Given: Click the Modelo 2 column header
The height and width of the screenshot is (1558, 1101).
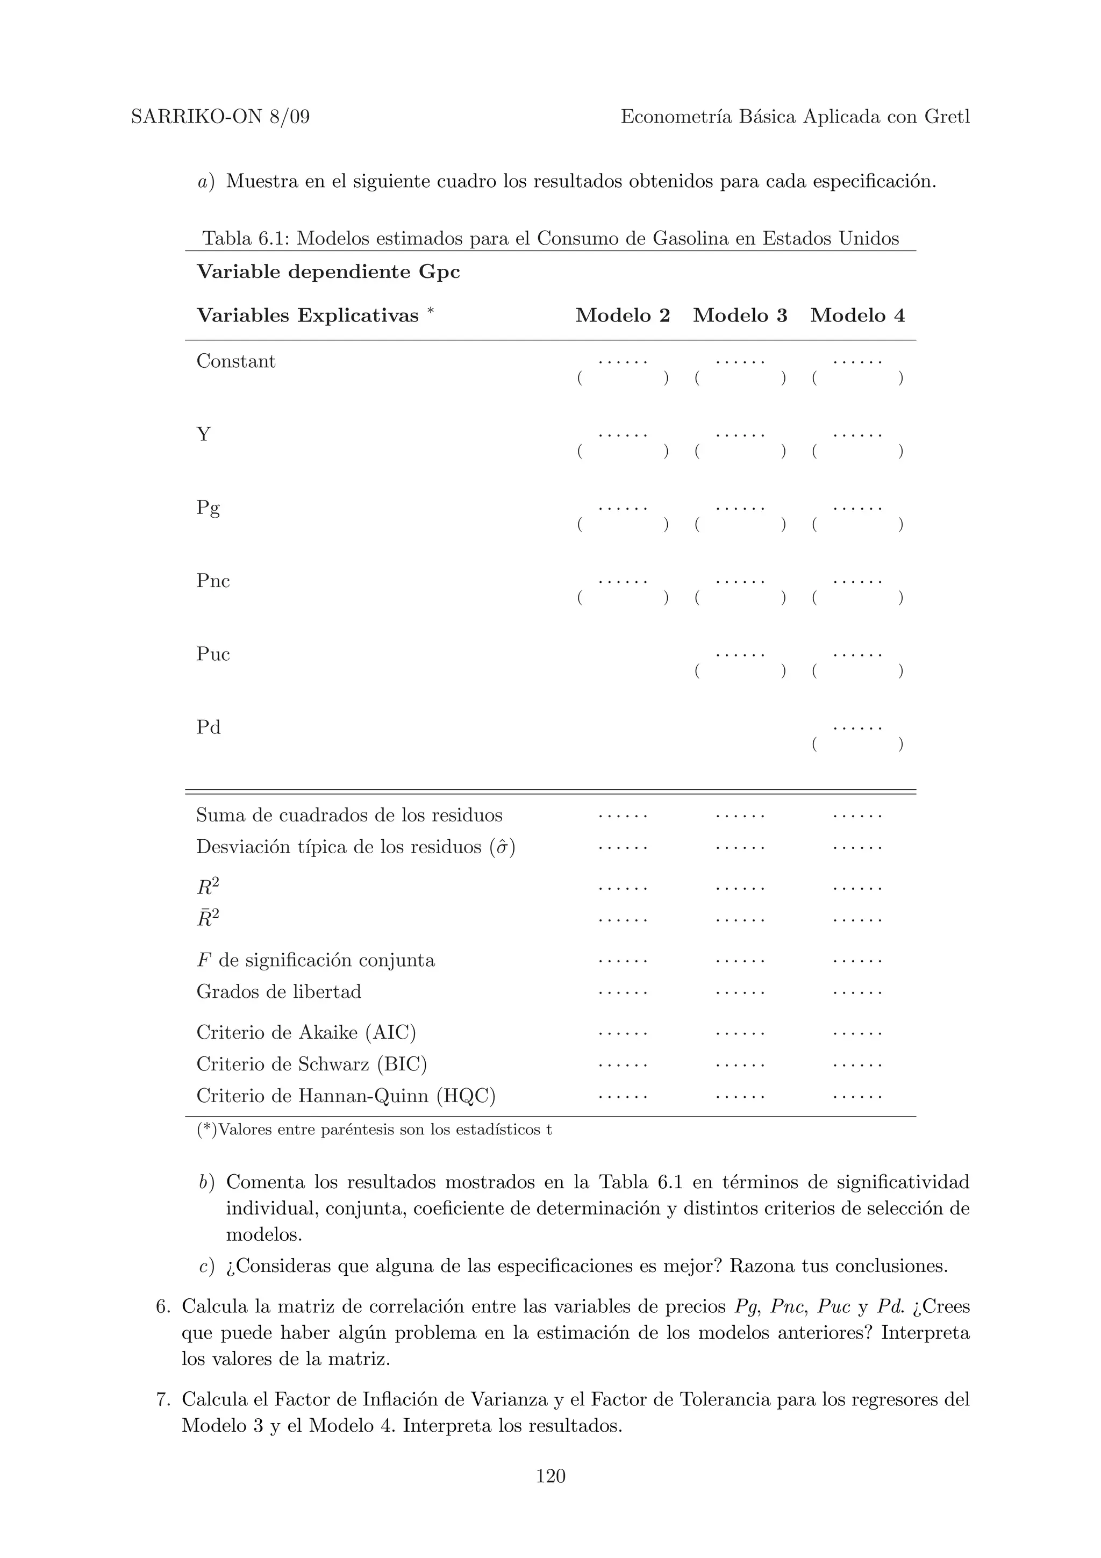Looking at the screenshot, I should click(x=622, y=316).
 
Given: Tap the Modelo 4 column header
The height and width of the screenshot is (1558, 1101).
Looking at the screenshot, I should click(x=857, y=316).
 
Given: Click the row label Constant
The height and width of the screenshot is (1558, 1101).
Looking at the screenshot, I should click(x=236, y=361).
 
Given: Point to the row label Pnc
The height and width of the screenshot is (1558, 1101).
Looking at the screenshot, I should click(x=213, y=581).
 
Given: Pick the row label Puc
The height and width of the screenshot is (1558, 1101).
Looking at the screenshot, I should click(x=213, y=654).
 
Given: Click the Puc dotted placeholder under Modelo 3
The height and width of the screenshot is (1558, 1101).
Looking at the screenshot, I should click(x=740, y=655).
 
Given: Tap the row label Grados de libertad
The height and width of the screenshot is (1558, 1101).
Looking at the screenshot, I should click(x=279, y=992).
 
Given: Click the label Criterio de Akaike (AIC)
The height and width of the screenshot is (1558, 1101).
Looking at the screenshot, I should click(x=306, y=1033).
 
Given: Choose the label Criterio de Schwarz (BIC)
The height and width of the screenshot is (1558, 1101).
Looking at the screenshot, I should click(x=311, y=1064).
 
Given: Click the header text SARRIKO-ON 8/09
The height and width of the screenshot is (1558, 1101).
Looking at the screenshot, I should click(x=220, y=117).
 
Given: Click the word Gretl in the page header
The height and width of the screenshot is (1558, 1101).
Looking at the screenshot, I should click(x=947, y=117).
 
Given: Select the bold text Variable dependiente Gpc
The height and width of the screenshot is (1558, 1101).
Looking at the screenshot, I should click(x=328, y=272).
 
